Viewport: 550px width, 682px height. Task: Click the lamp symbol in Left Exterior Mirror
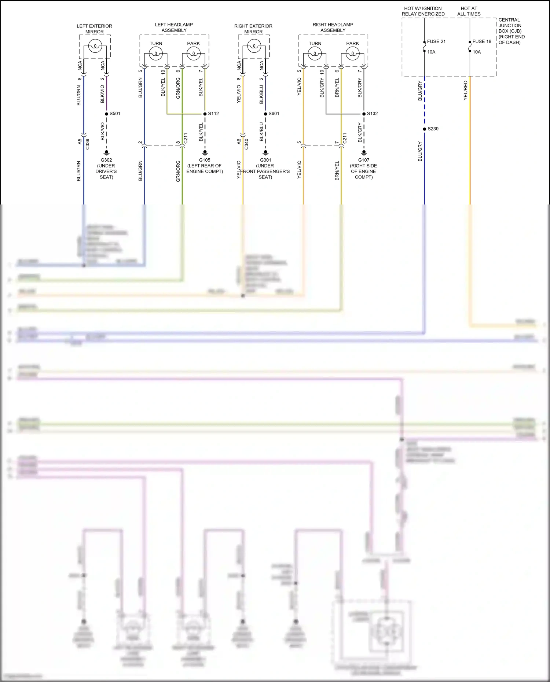(95, 47)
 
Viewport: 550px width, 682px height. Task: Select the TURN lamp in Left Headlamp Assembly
(156, 54)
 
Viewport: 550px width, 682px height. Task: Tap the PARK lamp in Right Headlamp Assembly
(352, 54)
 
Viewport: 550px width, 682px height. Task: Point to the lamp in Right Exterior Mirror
(254, 47)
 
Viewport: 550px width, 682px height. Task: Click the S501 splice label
(115, 114)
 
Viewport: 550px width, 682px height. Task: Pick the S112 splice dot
(205, 114)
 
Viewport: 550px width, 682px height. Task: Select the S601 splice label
(274, 114)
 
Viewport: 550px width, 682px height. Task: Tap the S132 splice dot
(364, 114)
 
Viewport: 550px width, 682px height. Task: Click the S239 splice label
(433, 129)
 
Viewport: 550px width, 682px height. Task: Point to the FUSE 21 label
(436, 42)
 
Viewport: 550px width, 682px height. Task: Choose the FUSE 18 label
(482, 42)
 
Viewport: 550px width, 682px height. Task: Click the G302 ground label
(106, 160)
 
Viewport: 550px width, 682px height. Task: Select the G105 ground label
(205, 160)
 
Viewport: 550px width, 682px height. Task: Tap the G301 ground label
(265, 160)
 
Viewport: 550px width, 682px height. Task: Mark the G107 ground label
(364, 160)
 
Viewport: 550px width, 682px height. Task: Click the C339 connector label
(87, 144)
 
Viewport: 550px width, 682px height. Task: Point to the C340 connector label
(246, 144)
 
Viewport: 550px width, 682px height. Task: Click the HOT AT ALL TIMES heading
(469, 11)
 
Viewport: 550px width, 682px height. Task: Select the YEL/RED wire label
(466, 91)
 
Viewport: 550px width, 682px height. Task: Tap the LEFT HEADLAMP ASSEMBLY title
(174, 27)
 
